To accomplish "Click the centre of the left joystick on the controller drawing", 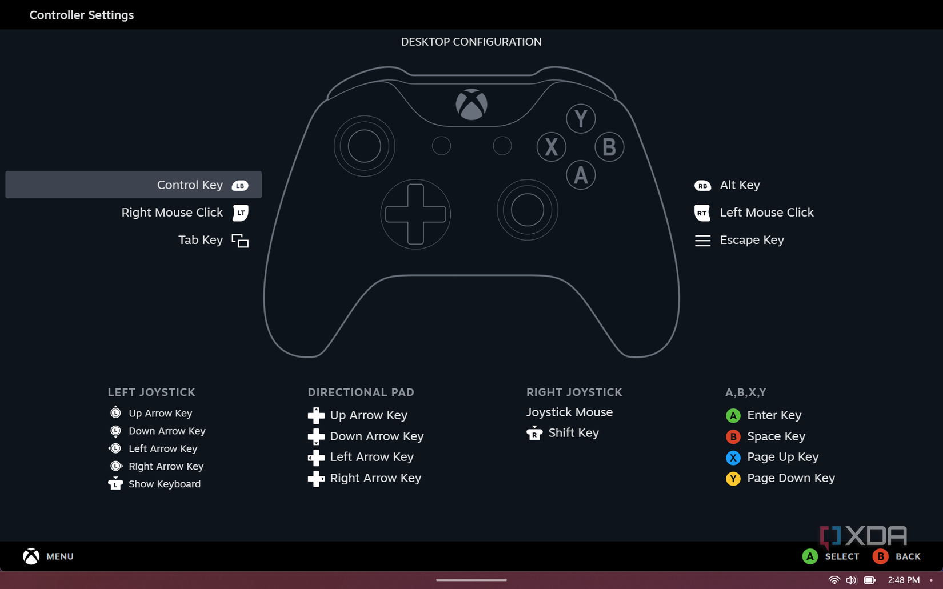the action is point(365,146).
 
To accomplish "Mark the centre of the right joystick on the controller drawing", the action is point(527,210).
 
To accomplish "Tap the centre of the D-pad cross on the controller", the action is point(415,214).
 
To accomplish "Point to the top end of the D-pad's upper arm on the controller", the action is point(415,185).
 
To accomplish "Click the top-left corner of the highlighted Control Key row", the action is point(6,171).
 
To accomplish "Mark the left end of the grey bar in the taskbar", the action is point(437,580).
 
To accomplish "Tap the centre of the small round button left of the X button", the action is point(502,146).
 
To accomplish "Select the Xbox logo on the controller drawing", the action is point(471,105).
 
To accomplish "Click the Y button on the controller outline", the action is point(581,119).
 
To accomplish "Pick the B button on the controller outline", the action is point(609,147).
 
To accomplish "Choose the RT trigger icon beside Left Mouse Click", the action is point(702,213).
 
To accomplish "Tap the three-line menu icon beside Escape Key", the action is point(702,241).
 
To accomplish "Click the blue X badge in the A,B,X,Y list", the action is point(733,458).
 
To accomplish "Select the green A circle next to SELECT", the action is point(809,556).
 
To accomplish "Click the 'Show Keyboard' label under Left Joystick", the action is point(165,484).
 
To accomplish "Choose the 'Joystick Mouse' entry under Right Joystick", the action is point(569,412).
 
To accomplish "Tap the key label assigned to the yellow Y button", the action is point(790,478).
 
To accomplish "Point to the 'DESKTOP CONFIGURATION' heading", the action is point(471,42).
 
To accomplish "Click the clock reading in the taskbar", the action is point(904,580).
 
